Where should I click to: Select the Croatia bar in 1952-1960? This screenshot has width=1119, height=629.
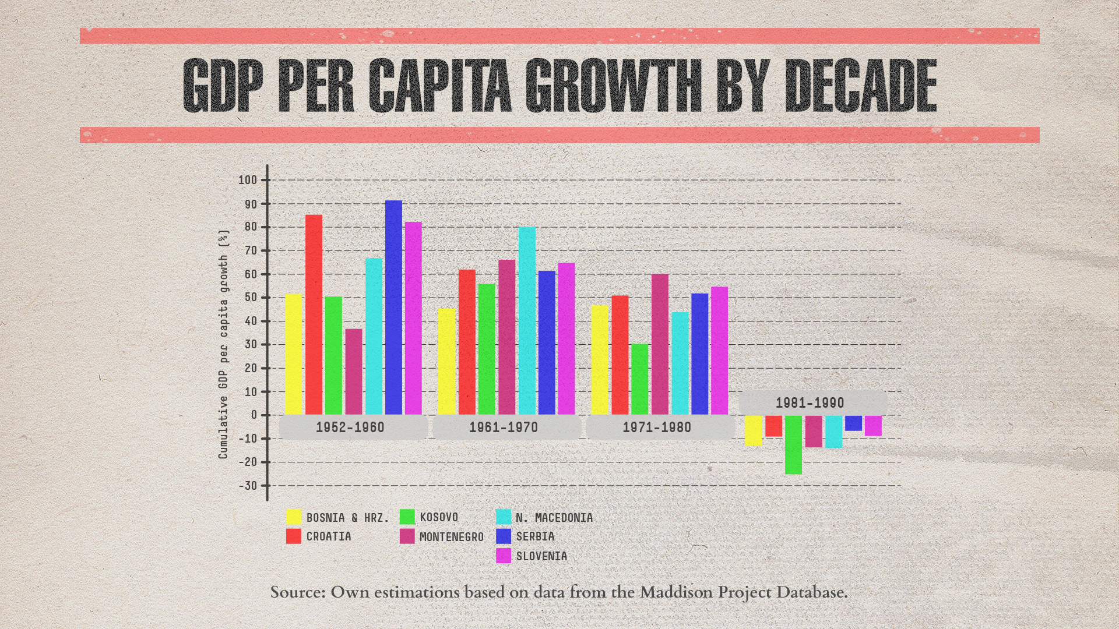[x=314, y=314]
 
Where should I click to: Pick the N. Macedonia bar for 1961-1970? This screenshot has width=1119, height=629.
[x=527, y=320]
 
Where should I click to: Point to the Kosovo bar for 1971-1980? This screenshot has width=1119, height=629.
[x=639, y=379]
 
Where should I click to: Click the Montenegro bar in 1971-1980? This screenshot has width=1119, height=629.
[x=660, y=344]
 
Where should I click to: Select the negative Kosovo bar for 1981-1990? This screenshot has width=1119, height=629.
[x=793, y=445]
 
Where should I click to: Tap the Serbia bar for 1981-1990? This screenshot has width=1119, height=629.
[x=853, y=423]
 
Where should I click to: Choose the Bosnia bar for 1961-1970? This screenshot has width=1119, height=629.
[x=446, y=362]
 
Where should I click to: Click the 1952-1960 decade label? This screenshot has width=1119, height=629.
[x=350, y=427]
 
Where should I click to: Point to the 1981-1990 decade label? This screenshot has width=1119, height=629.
[x=810, y=403]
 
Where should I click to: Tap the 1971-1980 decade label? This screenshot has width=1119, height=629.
[x=657, y=427]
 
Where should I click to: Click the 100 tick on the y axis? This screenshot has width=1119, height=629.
[x=247, y=180]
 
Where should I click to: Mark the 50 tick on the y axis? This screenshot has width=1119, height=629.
[x=250, y=298]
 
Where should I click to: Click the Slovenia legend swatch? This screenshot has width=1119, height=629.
[x=504, y=556]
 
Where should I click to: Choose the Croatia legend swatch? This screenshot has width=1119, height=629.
[x=294, y=536]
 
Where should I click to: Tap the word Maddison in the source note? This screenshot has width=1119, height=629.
[x=676, y=592]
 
